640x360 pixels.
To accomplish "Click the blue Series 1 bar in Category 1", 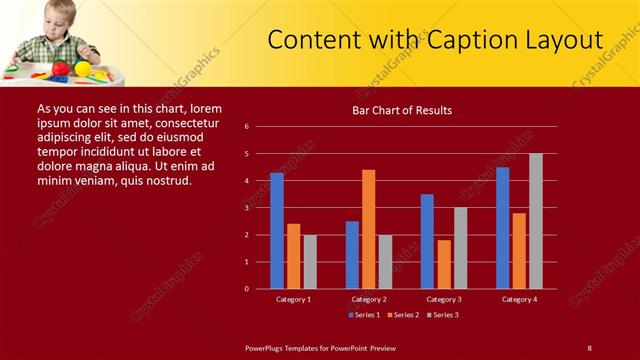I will (277, 231).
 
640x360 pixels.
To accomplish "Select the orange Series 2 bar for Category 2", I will (369, 229).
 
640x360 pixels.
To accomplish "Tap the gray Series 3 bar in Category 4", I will (536, 221).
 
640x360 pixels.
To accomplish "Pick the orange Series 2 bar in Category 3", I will (444, 264).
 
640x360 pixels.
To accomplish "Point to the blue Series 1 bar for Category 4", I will (502, 228).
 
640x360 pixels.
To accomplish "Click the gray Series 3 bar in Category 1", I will (310, 262).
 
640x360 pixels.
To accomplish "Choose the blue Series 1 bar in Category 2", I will (352, 255).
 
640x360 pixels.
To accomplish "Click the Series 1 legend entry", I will (364, 315).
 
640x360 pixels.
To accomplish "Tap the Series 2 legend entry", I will (403, 315).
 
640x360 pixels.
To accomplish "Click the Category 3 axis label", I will (444, 299).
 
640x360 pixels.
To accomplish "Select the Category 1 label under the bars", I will (294, 299).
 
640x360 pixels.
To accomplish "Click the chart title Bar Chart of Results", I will (403, 110).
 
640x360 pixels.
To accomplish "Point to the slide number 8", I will (589, 347).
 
